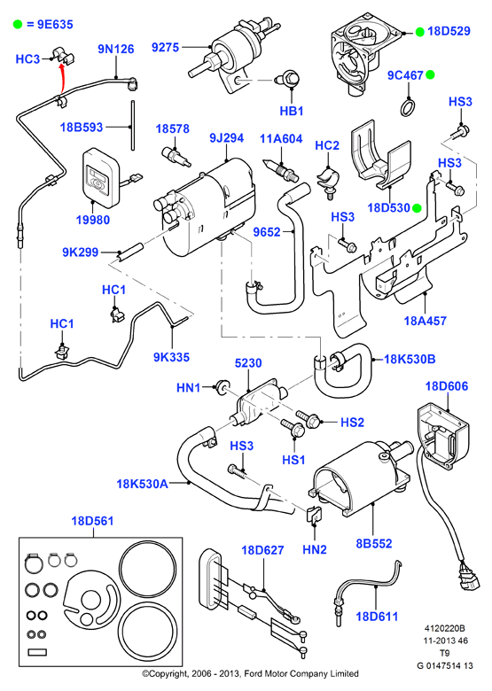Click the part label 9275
tap(165, 47)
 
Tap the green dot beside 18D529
tap(419, 32)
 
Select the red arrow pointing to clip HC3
tap(63, 78)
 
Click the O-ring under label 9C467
tap(409, 108)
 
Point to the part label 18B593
tap(82, 128)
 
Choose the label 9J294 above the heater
tap(227, 138)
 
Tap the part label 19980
tap(93, 220)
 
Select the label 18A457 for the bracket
tap(426, 321)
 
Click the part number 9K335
tap(171, 357)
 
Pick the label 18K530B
tap(410, 359)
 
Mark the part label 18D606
tap(447, 386)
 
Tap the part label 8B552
tap(374, 543)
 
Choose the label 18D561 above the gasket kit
tap(92, 521)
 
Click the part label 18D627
tap(262, 550)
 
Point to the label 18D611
tap(377, 616)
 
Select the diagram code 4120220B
tap(445, 628)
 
